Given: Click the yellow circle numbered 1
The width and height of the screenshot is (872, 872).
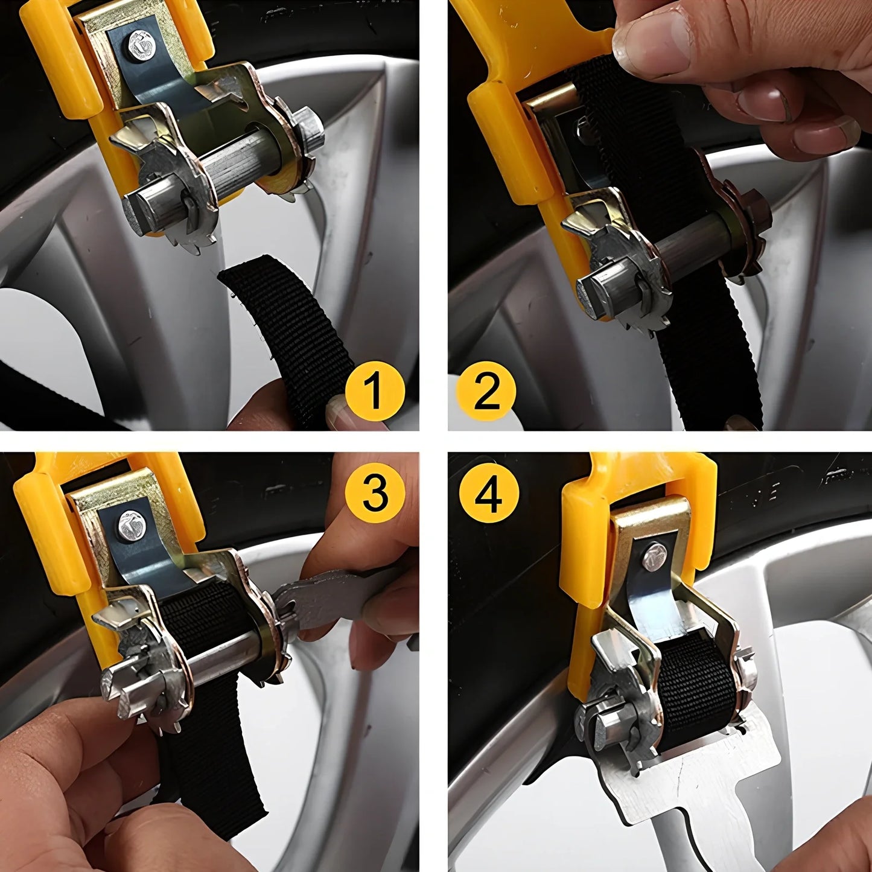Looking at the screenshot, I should pos(375,390).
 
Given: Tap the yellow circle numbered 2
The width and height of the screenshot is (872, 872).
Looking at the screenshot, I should pos(486,390).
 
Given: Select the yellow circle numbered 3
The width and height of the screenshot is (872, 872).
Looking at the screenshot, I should pos(375,492).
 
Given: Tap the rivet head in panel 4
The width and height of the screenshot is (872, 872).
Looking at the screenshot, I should pos(655,556).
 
